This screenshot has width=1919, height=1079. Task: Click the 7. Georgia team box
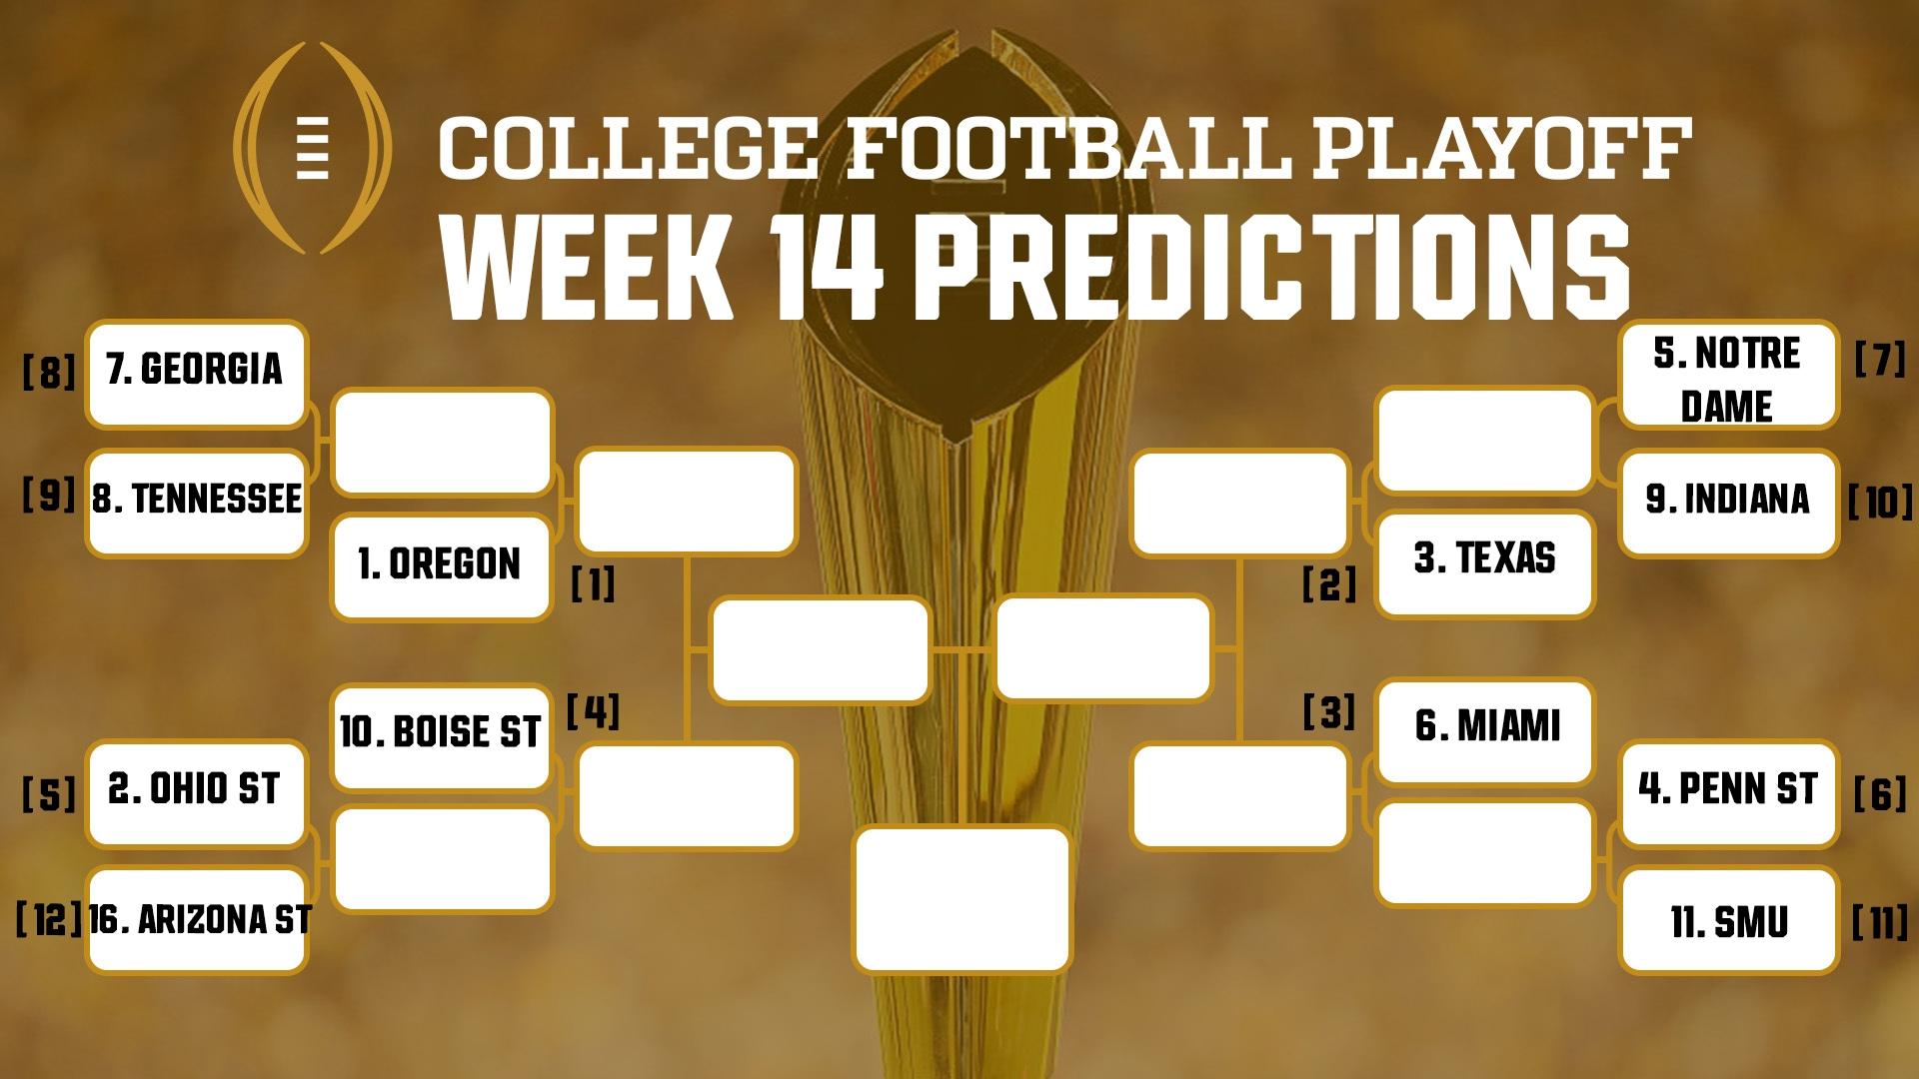click(x=196, y=373)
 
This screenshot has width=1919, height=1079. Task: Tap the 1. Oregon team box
click(x=441, y=565)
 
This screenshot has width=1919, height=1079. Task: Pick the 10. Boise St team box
click(x=441, y=734)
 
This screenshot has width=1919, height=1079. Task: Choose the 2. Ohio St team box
click(x=196, y=792)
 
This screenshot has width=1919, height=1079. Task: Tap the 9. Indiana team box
click(x=1728, y=502)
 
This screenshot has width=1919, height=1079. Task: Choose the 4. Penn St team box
click(x=1728, y=792)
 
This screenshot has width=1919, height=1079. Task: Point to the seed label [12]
click(x=48, y=919)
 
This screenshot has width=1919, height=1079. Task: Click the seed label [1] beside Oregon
click(x=593, y=584)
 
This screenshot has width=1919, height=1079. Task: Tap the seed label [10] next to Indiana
click(x=1880, y=503)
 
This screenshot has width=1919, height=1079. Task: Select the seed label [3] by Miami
click(x=1329, y=712)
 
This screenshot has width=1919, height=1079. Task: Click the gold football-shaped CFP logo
click(x=313, y=148)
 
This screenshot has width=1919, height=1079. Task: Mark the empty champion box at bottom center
click(x=962, y=899)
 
